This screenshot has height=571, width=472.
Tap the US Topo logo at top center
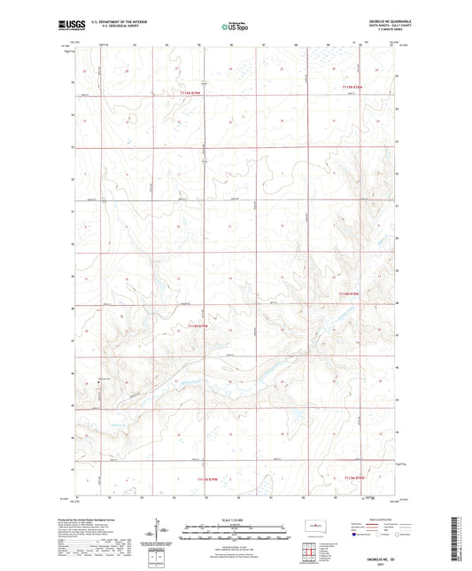(x=233, y=27)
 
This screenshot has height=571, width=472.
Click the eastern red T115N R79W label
(x=352, y=87)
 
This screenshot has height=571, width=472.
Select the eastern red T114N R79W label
(x=352, y=293)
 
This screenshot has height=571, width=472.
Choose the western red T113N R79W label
(x=205, y=479)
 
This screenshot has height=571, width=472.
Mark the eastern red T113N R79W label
(x=352, y=478)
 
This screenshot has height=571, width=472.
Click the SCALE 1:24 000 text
(x=236, y=518)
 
